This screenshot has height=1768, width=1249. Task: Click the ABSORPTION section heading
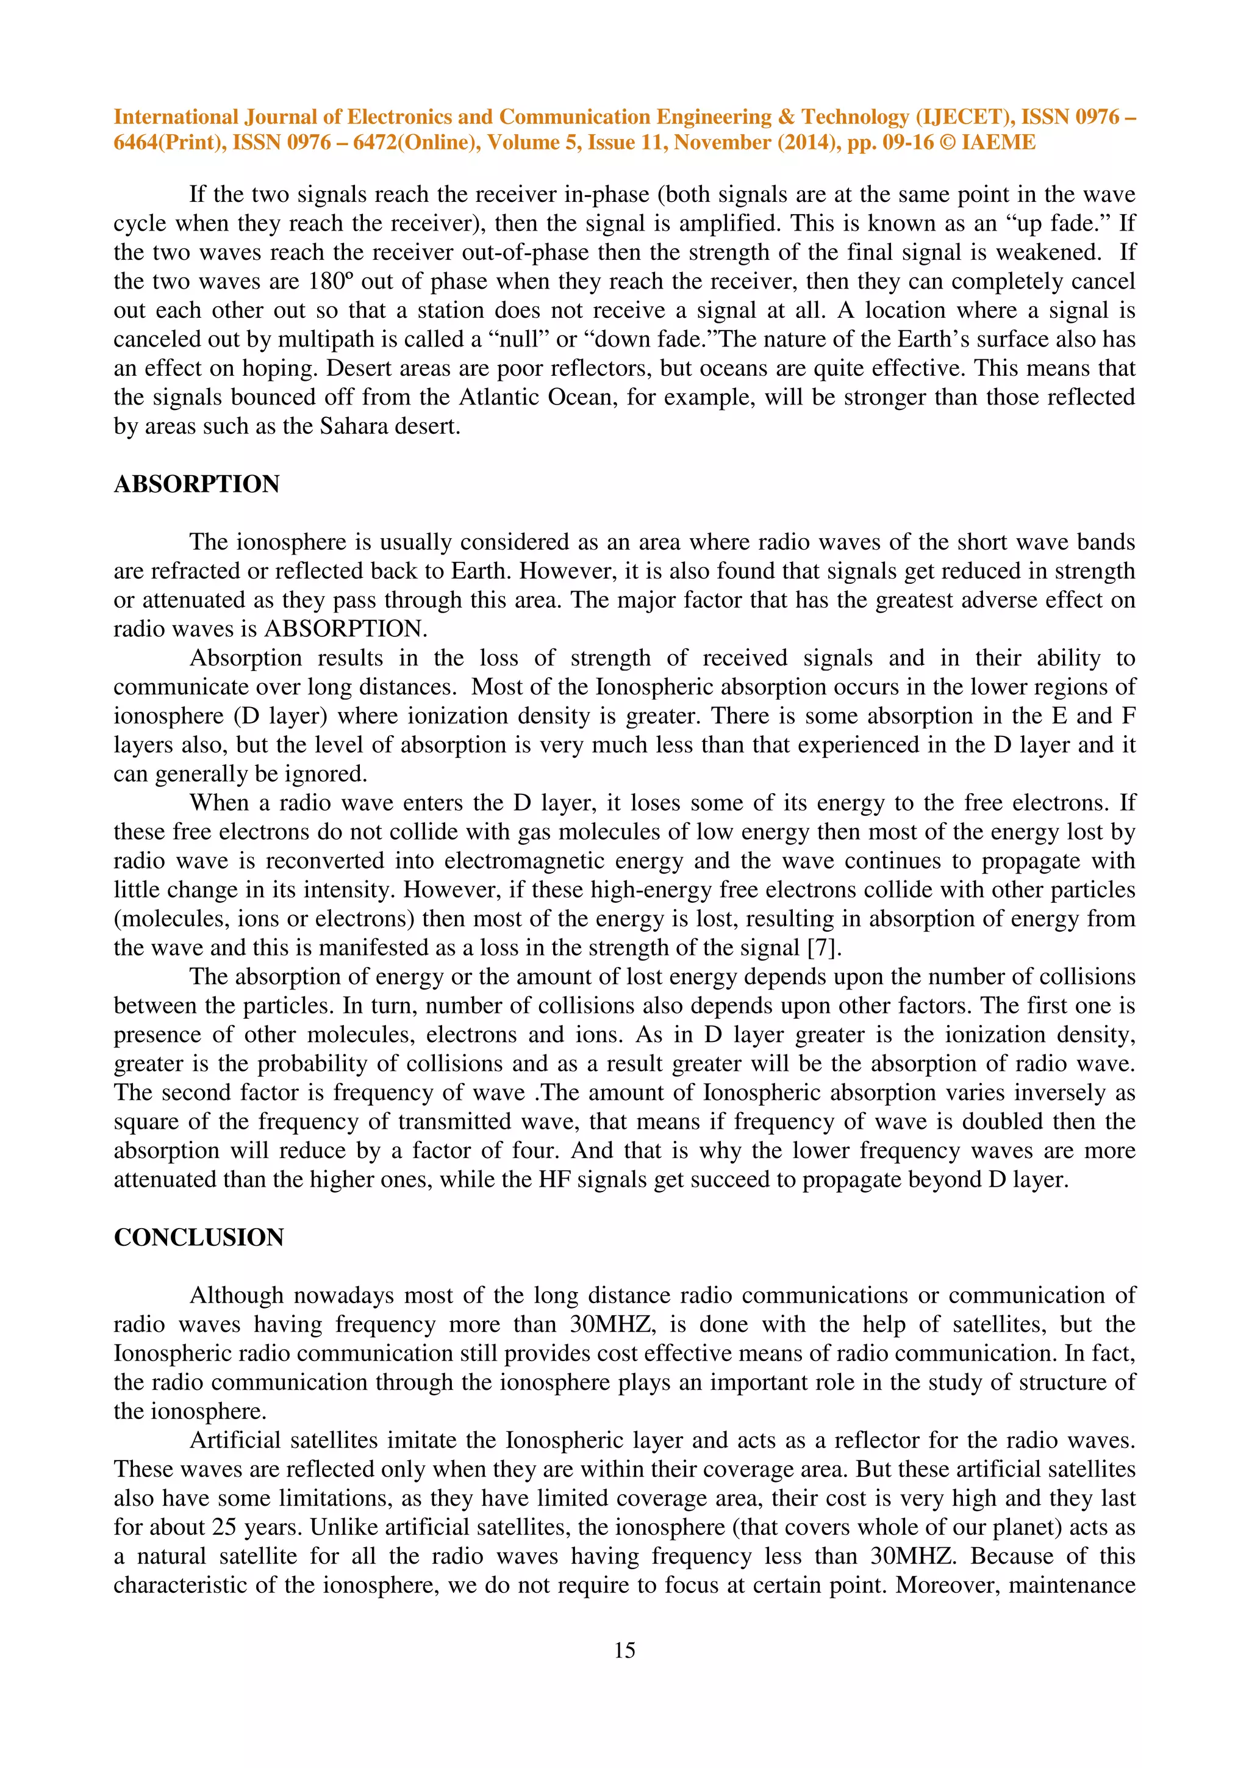[196, 484]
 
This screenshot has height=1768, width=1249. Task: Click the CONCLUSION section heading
[199, 1237]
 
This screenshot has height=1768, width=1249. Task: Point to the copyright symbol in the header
[947, 143]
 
